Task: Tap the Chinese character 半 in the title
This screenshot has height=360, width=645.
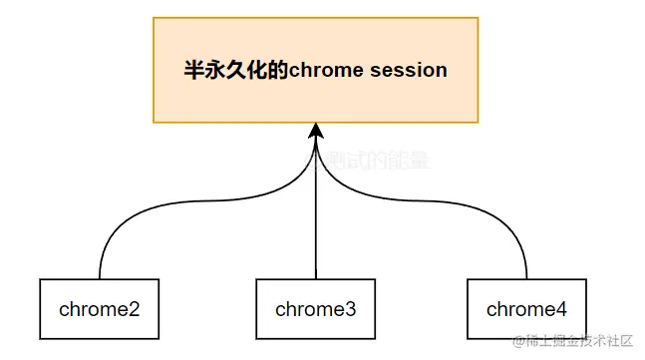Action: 194,71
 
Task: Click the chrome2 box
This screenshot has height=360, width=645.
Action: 99,309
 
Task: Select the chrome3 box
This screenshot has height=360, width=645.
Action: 315,309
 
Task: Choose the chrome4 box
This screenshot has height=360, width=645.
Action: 526,309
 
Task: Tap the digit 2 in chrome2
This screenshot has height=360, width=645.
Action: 134,309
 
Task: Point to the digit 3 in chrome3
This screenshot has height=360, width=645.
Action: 350,309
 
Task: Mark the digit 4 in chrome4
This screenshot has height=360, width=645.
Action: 561,309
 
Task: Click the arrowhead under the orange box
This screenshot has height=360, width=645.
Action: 316,131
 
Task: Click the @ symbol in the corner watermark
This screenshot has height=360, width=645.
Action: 518,342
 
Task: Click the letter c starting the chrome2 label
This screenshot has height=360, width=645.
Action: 64,309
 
